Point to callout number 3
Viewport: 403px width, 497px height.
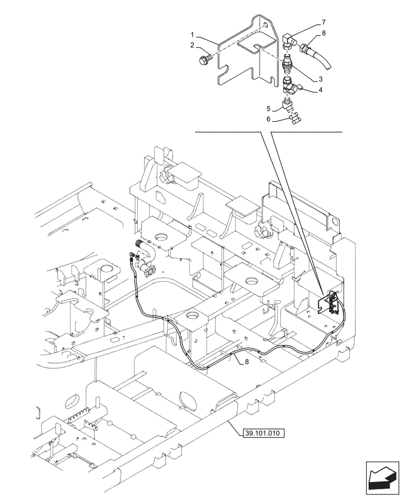(321, 79)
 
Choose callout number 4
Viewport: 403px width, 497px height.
(321, 90)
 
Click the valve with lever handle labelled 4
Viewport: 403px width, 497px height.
(291, 88)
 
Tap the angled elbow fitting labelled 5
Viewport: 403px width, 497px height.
(287, 105)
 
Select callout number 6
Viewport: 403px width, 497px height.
(269, 119)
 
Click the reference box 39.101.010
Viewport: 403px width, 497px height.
(263, 433)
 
